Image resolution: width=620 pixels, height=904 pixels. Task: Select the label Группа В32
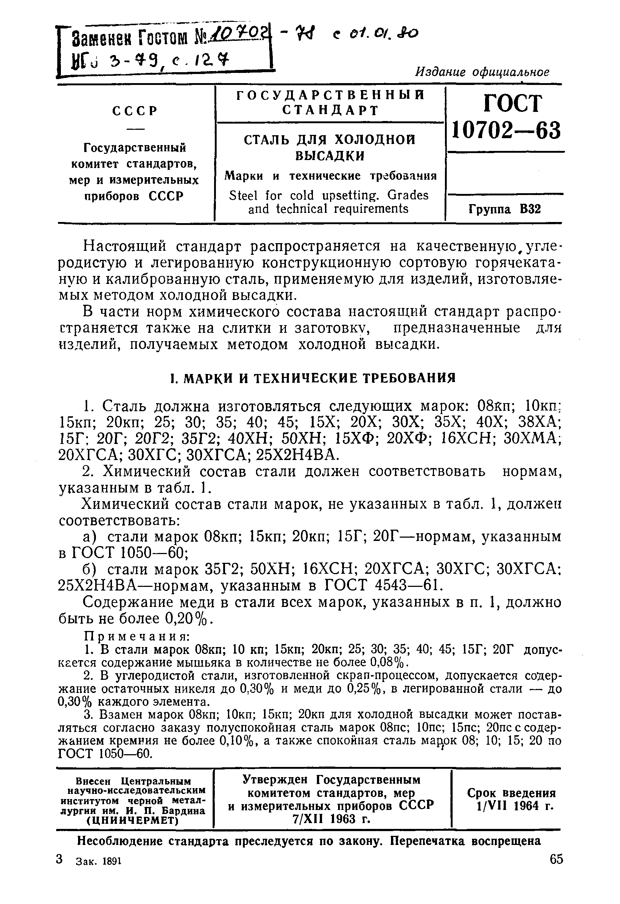[x=504, y=209]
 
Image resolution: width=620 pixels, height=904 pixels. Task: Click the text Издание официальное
[x=482, y=72]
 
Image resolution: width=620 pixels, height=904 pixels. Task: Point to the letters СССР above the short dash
[x=135, y=111]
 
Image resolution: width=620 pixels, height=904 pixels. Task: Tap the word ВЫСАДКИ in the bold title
[x=330, y=156]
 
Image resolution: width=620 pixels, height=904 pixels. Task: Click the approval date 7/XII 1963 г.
[x=331, y=819]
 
